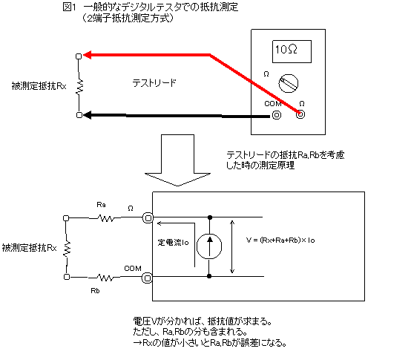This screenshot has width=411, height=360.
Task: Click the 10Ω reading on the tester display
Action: [286, 49]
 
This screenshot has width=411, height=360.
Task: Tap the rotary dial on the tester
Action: [288, 83]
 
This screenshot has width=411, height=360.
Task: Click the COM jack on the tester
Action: [277, 115]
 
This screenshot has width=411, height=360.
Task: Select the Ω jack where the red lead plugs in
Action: [300, 114]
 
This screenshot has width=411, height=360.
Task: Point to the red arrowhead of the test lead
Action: [88, 55]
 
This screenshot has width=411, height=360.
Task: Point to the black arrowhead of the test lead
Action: [88, 115]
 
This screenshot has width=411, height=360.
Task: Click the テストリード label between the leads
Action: [154, 83]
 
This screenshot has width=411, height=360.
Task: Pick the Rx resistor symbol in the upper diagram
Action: [79, 86]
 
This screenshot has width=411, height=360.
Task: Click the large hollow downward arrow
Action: [178, 160]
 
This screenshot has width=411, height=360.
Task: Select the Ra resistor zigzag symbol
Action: [105, 218]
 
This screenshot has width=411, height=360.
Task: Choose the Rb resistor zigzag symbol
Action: [105, 278]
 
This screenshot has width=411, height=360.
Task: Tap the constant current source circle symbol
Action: [209, 246]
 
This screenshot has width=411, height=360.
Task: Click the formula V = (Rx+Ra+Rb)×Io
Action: [280, 240]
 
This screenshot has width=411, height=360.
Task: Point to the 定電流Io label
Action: [174, 243]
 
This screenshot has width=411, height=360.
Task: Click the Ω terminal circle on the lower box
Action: [148, 218]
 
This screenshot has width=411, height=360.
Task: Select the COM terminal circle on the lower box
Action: [147, 278]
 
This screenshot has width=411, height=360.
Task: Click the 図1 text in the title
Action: [70, 7]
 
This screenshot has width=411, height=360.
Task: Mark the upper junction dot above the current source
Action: [210, 217]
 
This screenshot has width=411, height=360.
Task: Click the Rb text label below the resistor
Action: [95, 290]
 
